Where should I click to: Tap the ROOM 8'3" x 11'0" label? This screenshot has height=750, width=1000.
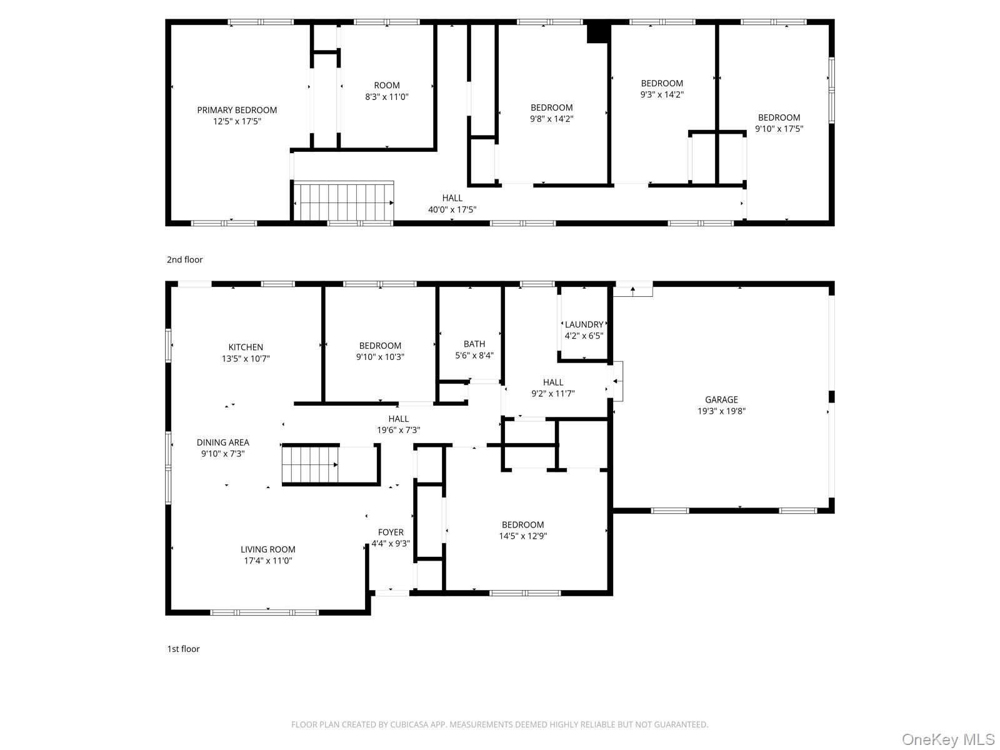(387, 91)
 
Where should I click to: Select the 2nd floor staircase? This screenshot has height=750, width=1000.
(343, 202)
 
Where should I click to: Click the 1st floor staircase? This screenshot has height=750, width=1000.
(310, 464)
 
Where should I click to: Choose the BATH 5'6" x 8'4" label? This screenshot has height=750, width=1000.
(474, 350)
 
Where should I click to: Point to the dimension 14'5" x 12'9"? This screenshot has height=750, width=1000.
(523, 536)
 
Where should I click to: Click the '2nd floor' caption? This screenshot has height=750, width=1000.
(184, 259)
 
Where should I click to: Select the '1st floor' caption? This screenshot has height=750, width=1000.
(183, 649)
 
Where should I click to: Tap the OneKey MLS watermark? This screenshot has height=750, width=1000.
(948, 739)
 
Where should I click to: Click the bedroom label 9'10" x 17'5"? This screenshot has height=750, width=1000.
(779, 123)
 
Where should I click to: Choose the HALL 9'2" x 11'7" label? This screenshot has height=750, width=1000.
(553, 388)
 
